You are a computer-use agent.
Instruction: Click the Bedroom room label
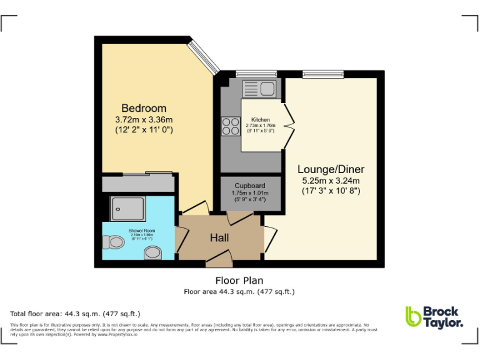coord(144,107)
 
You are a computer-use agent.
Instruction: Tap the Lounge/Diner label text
coord(331,169)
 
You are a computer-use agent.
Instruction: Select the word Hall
coord(219,238)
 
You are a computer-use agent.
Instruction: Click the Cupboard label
coord(250,186)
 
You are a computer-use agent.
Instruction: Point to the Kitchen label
coord(261,120)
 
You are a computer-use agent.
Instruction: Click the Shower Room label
coord(142,231)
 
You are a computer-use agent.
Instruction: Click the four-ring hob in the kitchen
coord(231,126)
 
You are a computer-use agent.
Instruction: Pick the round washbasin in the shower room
coord(152,252)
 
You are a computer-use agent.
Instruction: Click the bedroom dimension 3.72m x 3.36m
coord(144,119)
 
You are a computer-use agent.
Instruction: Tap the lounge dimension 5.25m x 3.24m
coord(331,181)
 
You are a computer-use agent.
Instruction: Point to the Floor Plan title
coord(239,281)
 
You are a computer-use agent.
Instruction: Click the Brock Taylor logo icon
coord(413,316)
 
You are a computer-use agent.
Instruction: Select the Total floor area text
coord(76,314)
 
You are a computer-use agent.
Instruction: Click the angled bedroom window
coord(204,56)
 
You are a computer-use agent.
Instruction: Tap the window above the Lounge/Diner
coord(323,74)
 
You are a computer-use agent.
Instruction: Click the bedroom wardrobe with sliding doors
coord(138,183)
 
